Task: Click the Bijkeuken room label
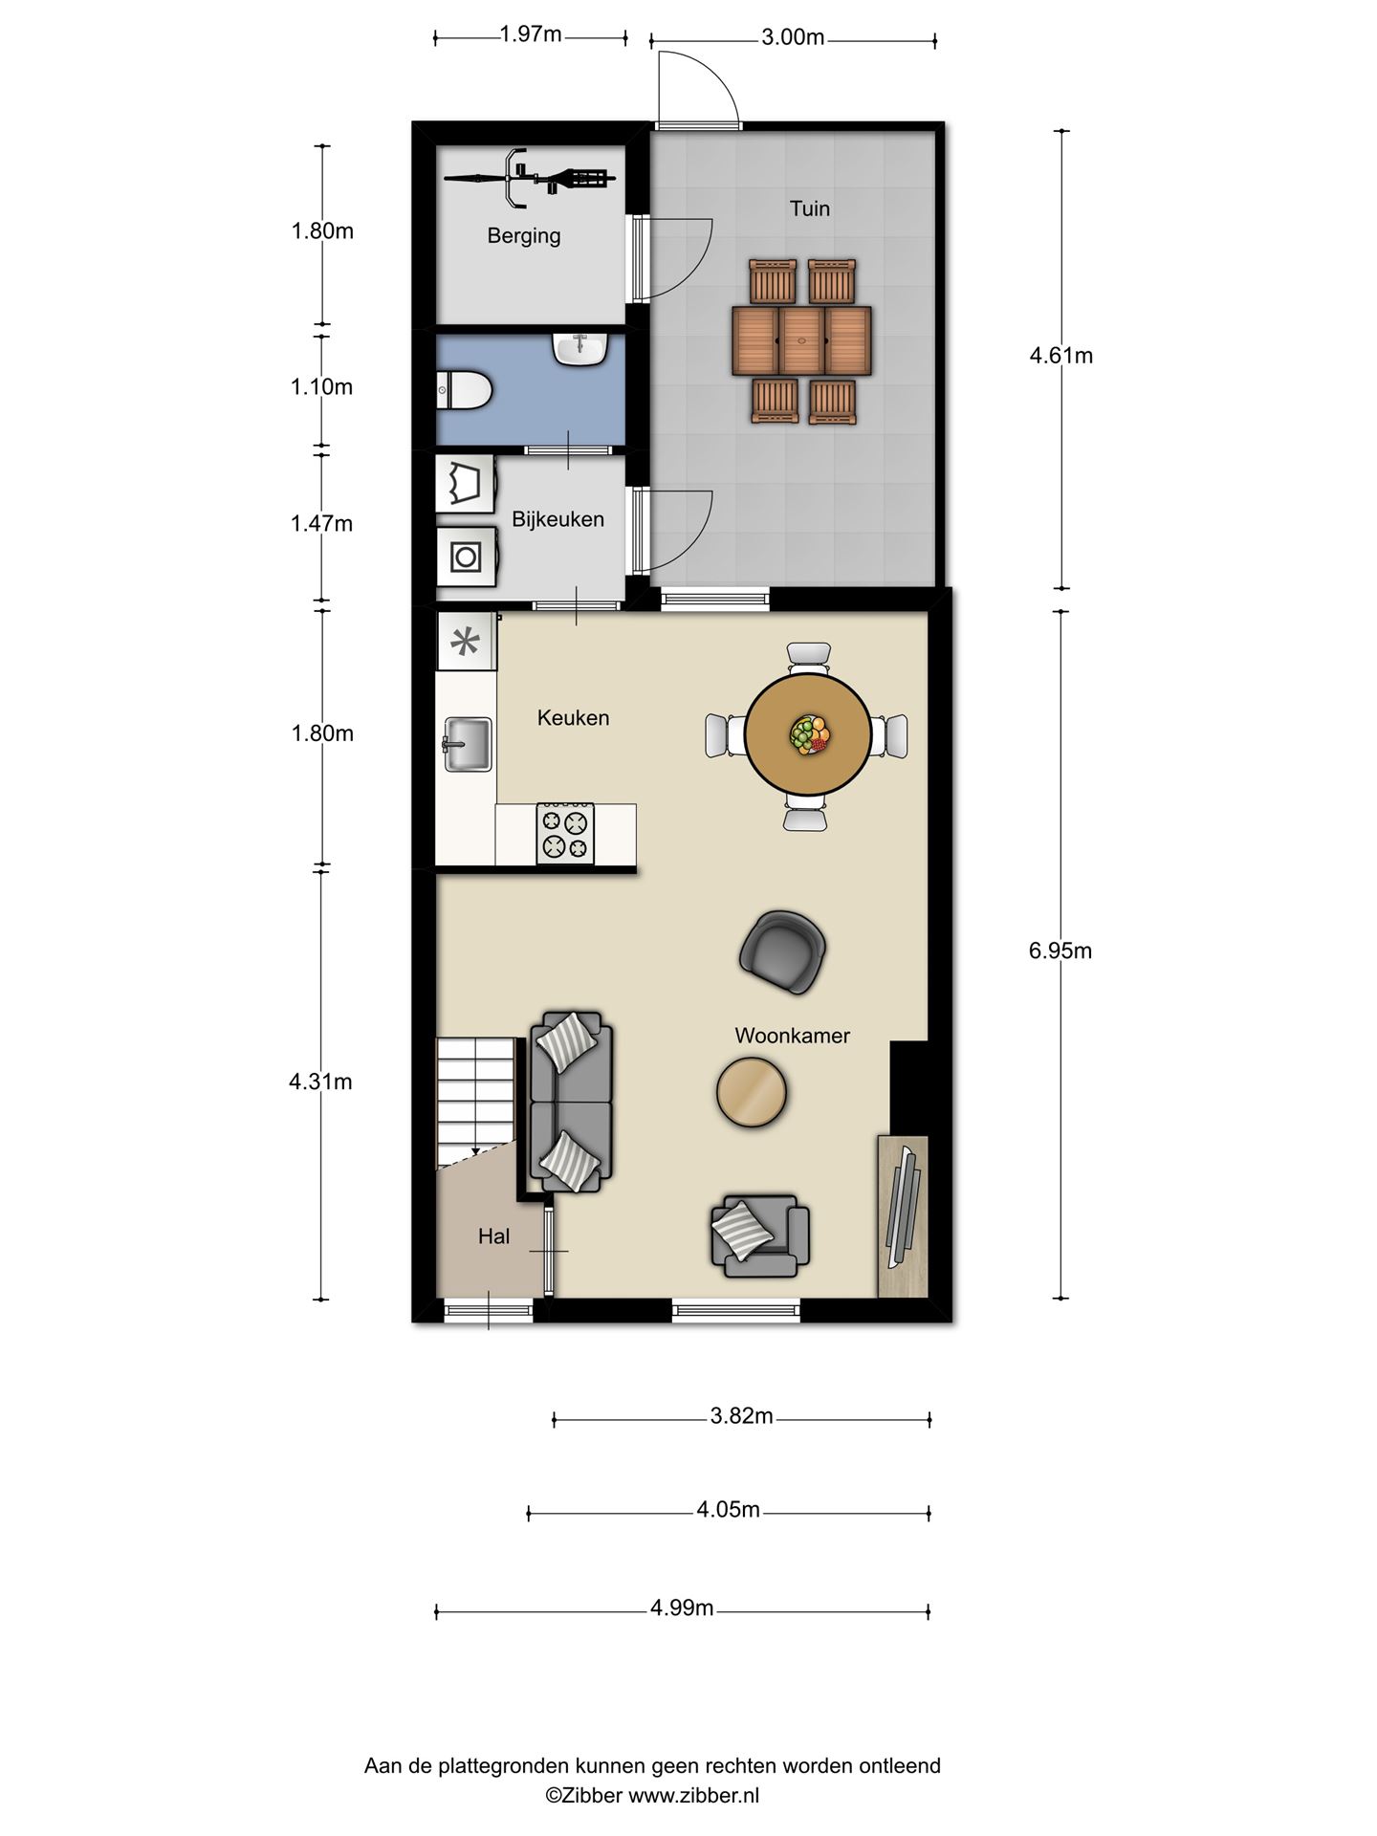tap(557, 519)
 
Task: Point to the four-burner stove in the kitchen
tap(565, 833)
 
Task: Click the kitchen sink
tap(467, 744)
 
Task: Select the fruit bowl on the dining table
tap(809, 734)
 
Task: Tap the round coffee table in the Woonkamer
tap(753, 1091)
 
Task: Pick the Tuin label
tap(809, 208)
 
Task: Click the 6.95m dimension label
tap(1060, 951)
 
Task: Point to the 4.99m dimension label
tap(682, 1607)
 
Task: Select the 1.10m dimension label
tap(322, 387)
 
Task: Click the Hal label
tap(493, 1236)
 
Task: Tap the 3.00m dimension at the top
tap(793, 37)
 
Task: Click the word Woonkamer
tap(792, 1036)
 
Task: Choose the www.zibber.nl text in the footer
tap(693, 1795)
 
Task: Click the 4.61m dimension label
tap(1060, 356)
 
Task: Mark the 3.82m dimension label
tap(741, 1416)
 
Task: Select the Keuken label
tap(573, 718)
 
